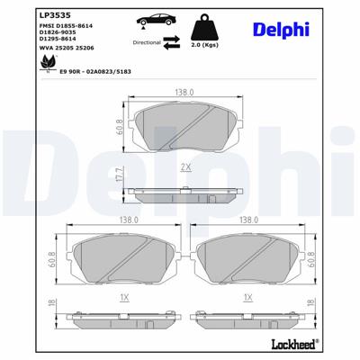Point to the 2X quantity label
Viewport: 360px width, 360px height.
pyautogui.click(x=185, y=167)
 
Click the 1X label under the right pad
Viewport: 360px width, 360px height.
pyautogui.click(x=246, y=296)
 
